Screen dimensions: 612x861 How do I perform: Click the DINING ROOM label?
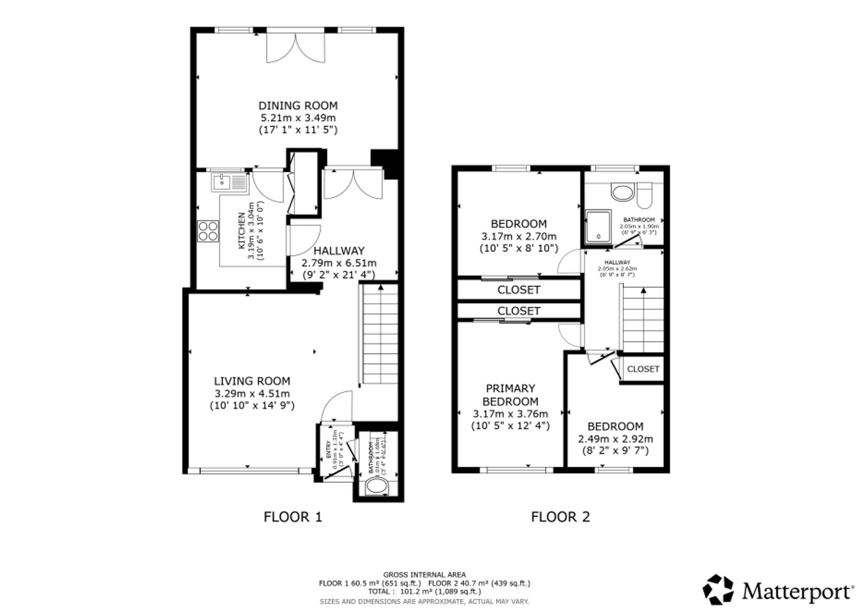298,106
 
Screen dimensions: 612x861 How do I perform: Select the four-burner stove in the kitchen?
208,231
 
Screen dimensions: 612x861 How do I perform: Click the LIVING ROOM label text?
252,381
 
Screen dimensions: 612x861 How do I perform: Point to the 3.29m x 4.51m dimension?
252,393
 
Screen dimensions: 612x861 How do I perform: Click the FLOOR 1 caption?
293,516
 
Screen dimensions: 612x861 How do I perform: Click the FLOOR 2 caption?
560,516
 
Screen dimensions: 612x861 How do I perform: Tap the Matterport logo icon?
718,589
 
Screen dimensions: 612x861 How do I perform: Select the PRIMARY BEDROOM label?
511,395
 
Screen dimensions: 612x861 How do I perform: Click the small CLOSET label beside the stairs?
643,369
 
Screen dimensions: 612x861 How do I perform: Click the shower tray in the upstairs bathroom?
598,226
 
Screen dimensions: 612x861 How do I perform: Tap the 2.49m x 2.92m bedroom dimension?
615,439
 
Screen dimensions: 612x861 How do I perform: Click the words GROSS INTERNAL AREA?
424,575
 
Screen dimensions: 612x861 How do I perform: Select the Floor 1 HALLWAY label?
339,251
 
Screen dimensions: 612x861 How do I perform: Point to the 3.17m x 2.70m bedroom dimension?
519,236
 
